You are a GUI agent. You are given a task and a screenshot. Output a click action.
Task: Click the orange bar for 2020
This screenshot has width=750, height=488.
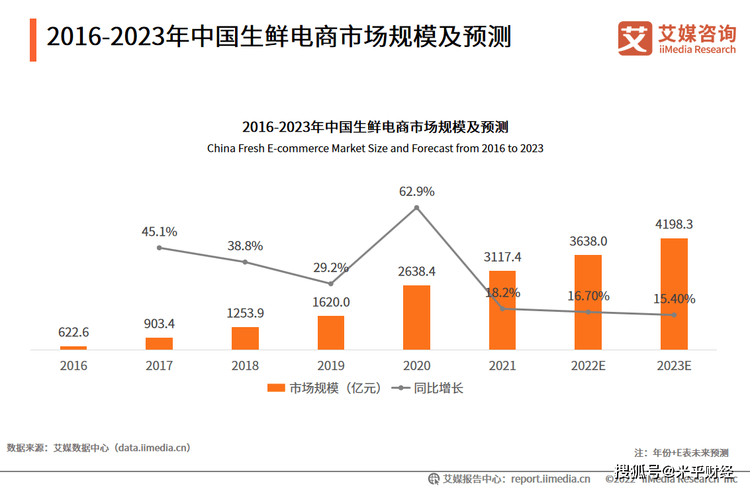click(x=416, y=317)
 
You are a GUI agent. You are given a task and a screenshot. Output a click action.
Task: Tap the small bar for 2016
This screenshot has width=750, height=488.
click(x=73, y=347)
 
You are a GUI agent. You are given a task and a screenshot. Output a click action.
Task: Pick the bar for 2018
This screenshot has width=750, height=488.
click(x=245, y=338)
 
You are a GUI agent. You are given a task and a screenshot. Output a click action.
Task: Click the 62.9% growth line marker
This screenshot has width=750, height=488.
click(x=416, y=208)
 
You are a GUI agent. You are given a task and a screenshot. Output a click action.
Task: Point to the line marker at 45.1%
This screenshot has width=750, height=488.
click(x=160, y=248)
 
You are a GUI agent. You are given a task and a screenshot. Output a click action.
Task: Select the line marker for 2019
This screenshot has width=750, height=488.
click(x=331, y=283)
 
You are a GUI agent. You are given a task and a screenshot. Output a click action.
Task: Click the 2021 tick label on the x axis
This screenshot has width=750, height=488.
click(x=502, y=366)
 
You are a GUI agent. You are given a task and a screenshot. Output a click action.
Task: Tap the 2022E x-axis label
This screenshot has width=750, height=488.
click(x=588, y=366)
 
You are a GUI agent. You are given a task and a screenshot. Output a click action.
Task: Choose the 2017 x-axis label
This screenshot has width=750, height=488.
click(x=159, y=366)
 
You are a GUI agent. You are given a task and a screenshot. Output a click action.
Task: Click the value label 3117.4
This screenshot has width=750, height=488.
click(x=502, y=258)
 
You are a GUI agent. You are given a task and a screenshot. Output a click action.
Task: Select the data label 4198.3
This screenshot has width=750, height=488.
click(x=674, y=224)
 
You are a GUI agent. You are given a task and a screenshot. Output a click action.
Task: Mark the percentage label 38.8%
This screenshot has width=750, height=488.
click(x=245, y=246)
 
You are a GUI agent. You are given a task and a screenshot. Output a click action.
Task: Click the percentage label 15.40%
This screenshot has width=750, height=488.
click(x=674, y=299)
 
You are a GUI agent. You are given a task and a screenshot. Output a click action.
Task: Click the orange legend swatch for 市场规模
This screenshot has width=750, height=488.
click(x=275, y=388)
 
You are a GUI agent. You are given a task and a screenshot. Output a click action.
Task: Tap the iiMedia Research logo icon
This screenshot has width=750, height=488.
click(x=635, y=38)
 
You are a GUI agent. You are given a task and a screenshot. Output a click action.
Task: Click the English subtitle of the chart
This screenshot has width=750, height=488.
click(x=375, y=148)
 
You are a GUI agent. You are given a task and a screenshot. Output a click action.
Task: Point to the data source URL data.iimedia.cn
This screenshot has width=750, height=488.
click(x=152, y=448)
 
